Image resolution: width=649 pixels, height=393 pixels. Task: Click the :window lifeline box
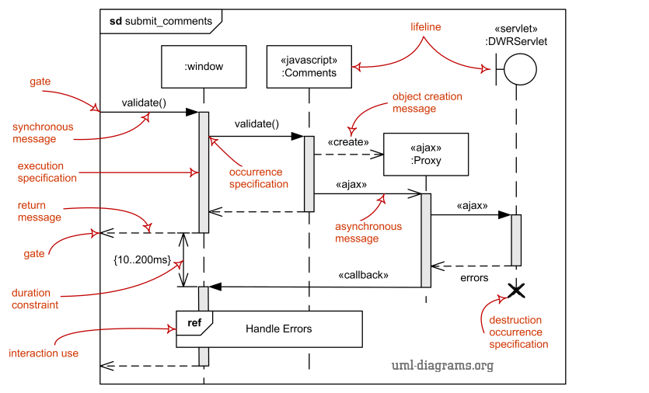(x=204, y=67)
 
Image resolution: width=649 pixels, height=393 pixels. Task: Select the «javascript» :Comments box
(x=309, y=67)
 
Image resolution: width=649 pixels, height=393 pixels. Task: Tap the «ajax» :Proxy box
(x=426, y=154)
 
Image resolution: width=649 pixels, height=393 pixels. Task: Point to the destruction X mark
(x=515, y=290)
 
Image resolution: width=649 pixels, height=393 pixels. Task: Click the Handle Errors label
(x=278, y=329)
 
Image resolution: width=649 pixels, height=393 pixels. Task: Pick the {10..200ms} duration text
(x=142, y=260)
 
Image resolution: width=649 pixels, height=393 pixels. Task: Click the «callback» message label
(x=363, y=275)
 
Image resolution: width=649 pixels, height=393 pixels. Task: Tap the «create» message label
(x=348, y=142)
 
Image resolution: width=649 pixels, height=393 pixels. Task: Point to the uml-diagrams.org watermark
(x=441, y=365)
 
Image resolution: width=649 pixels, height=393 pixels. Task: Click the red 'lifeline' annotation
(x=426, y=27)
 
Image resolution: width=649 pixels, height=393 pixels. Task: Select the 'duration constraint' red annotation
(x=35, y=299)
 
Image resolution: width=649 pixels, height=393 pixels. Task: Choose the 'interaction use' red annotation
(x=44, y=353)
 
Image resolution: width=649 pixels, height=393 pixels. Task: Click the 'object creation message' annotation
(x=427, y=103)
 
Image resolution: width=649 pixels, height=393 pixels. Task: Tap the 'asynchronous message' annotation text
(x=368, y=232)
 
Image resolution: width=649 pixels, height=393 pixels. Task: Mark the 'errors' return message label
(x=474, y=277)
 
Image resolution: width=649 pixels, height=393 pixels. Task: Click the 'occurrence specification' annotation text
(x=259, y=178)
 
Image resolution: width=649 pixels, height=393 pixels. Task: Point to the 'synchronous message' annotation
(x=43, y=133)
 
